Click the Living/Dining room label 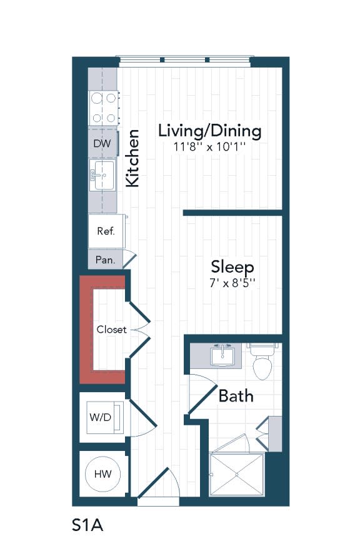click(x=209, y=131)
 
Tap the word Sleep click(x=232, y=267)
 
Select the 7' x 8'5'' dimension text click(x=232, y=283)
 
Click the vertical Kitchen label click(x=132, y=158)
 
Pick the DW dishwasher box click(x=102, y=144)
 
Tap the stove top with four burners click(x=103, y=107)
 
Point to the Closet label click(x=111, y=330)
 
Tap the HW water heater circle click(x=103, y=475)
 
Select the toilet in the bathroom click(x=261, y=363)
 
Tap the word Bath click(x=236, y=396)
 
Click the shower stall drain click(x=237, y=475)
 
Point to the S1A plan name click(x=87, y=524)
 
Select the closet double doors click(x=141, y=330)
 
